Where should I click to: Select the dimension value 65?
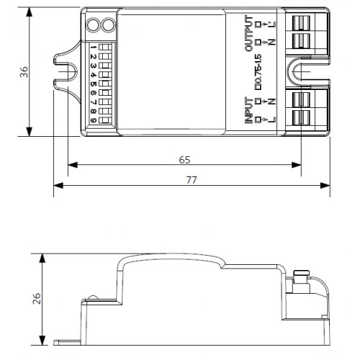click(184, 158)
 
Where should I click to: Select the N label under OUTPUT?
click(272, 42)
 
